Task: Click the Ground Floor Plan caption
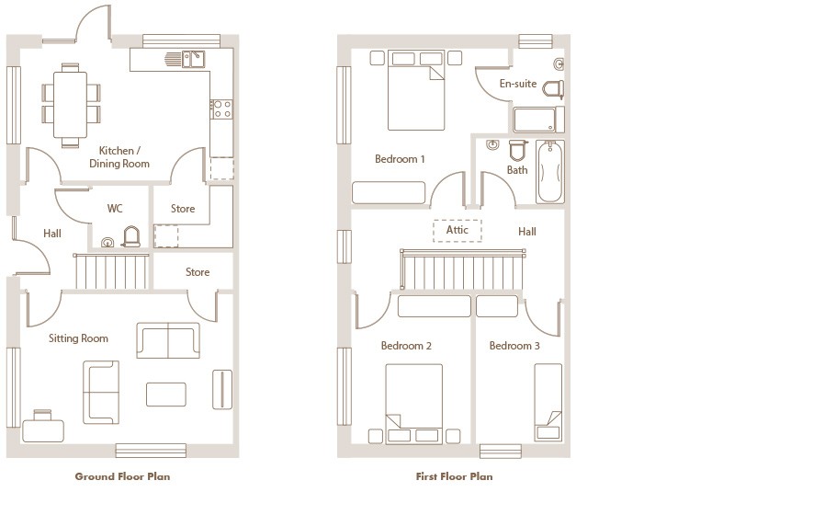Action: (122, 476)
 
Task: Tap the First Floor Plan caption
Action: (454, 476)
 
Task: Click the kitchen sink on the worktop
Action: (193, 59)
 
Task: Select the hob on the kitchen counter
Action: (221, 109)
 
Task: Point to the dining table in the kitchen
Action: (70, 105)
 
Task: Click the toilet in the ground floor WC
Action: (131, 236)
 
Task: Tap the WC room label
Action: (115, 208)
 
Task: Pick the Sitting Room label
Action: (78, 338)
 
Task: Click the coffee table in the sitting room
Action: (165, 395)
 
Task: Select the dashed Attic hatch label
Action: (458, 230)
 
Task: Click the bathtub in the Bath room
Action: (549, 171)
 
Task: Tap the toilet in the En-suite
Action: (553, 89)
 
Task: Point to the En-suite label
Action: (518, 84)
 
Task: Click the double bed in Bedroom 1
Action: (416, 90)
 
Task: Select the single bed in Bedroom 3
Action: (548, 403)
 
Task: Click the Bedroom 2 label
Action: (406, 346)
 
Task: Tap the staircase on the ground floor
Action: (111, 271)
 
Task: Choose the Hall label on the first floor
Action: (526, 232)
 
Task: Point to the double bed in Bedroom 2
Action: (413, 404)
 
